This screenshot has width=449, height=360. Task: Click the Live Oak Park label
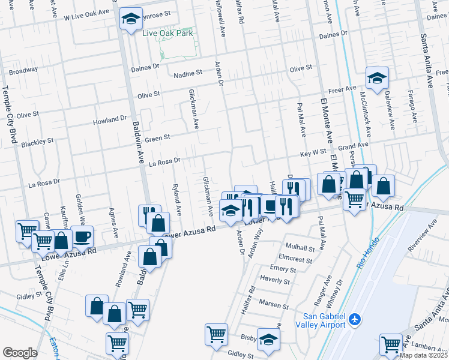(x=168, y=34)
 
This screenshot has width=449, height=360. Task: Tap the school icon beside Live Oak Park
(x=130, y=19)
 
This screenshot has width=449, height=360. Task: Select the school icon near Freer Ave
(x=377, y=78)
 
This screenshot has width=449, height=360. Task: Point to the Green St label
(x=158, y=137)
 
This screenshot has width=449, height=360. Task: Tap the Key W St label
(x=313, y=152)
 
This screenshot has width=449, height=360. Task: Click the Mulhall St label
(x=301, y=247)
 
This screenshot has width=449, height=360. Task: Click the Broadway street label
(x=23, y=71)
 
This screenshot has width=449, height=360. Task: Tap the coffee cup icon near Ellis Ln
(x=82, y=236)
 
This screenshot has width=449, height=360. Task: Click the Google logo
(x=20, y=353)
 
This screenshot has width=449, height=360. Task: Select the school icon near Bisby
(x=268, y=338)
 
